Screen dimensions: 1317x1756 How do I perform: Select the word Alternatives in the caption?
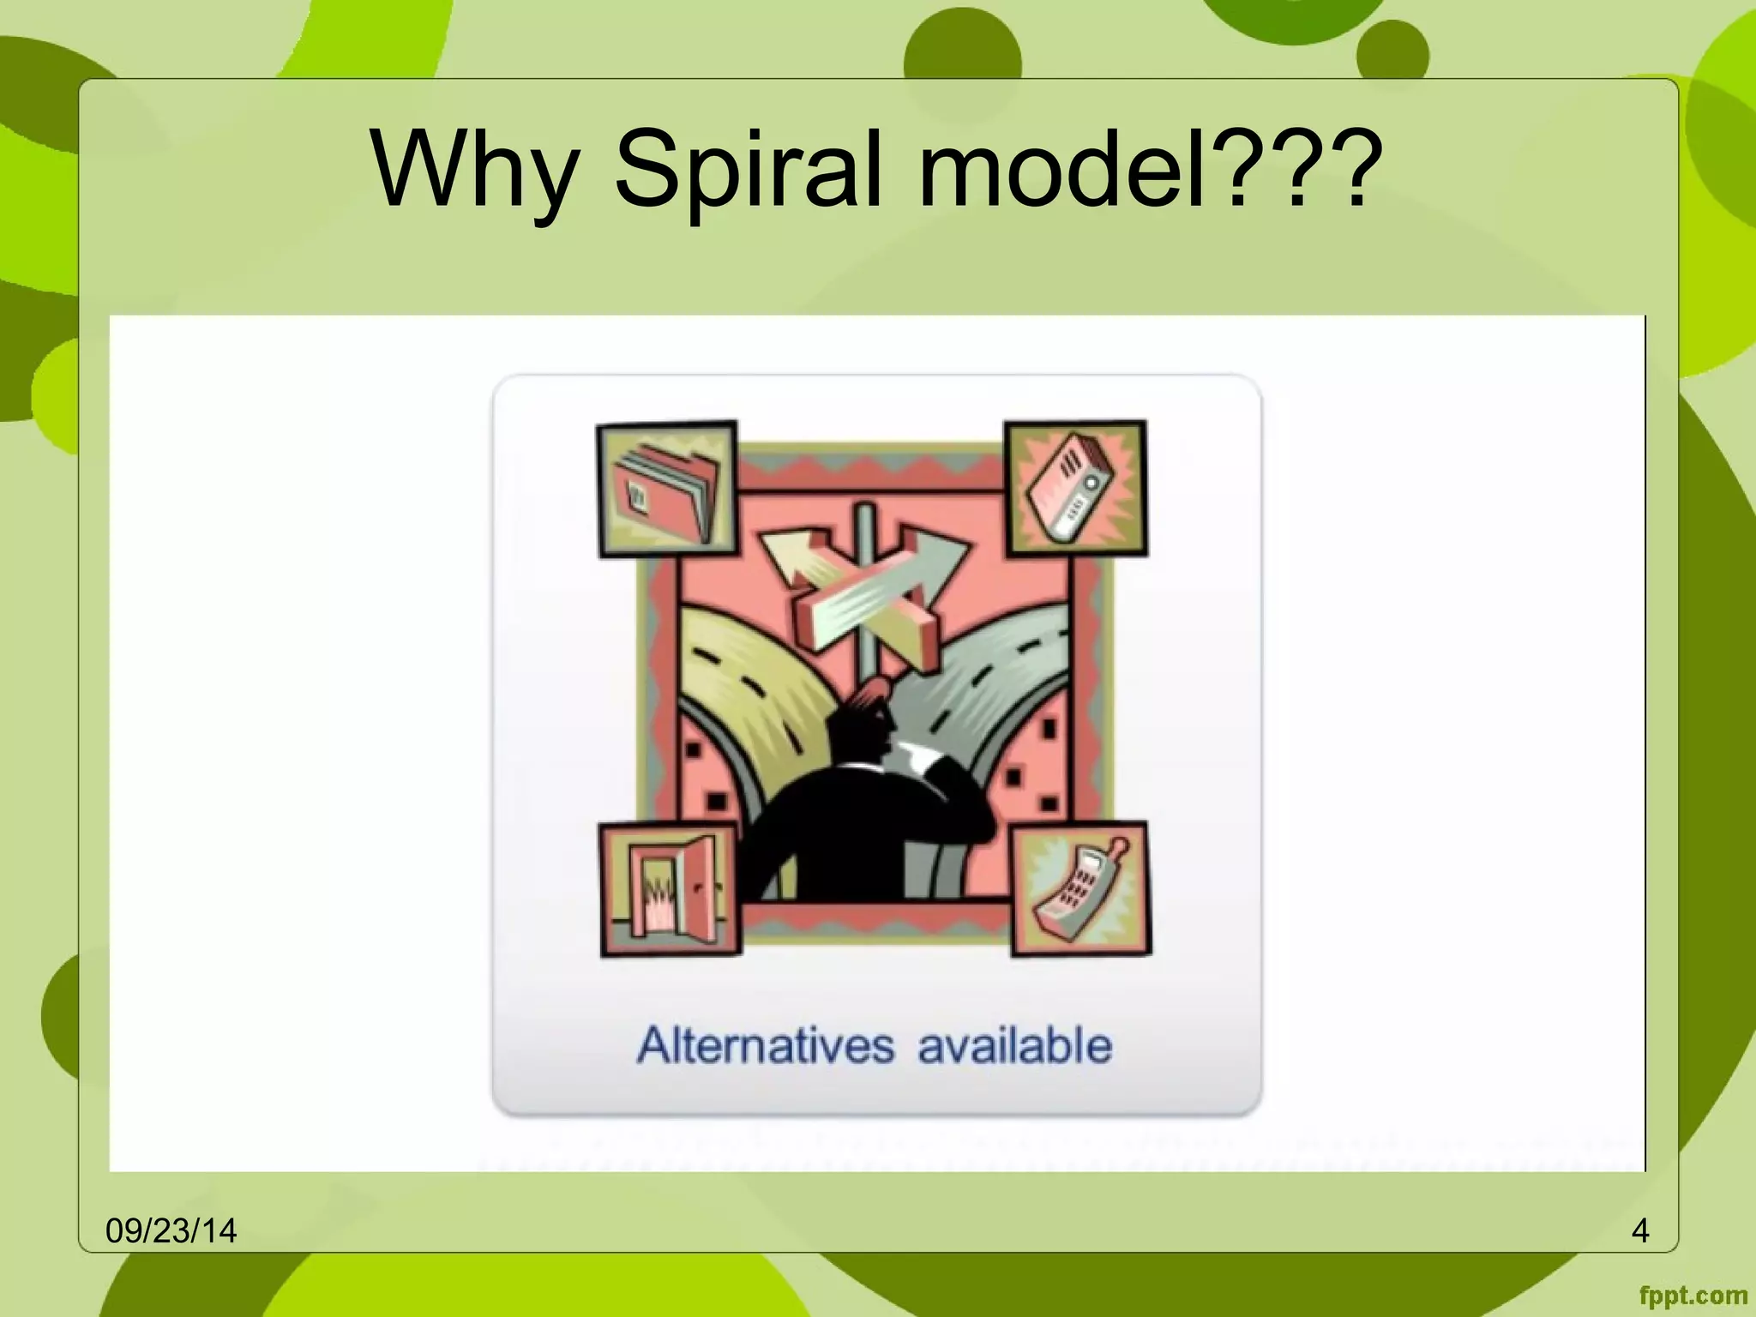tap(766, 1046)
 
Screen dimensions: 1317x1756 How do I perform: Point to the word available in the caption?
tap(1015, 1046)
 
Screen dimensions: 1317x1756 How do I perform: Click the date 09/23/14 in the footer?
tap(171, 1230)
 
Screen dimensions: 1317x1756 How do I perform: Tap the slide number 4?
tap(1640, 1230)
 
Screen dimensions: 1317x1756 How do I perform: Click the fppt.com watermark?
tap(1693, 1295)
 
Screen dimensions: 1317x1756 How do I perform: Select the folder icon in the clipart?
tap(667, 489)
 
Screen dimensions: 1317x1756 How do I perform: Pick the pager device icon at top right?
tap(1075, 489)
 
